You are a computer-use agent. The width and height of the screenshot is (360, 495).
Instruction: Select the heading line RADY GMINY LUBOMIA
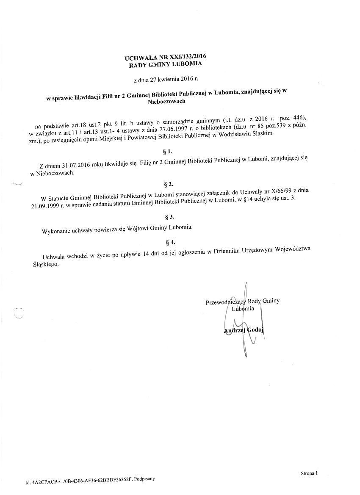[166, 64]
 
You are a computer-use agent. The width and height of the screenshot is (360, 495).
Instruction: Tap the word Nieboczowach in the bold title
[166, 101]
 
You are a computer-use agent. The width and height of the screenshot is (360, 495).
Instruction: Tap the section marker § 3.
[169, 217]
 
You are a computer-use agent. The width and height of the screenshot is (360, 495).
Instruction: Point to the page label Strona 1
[309, 473]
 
